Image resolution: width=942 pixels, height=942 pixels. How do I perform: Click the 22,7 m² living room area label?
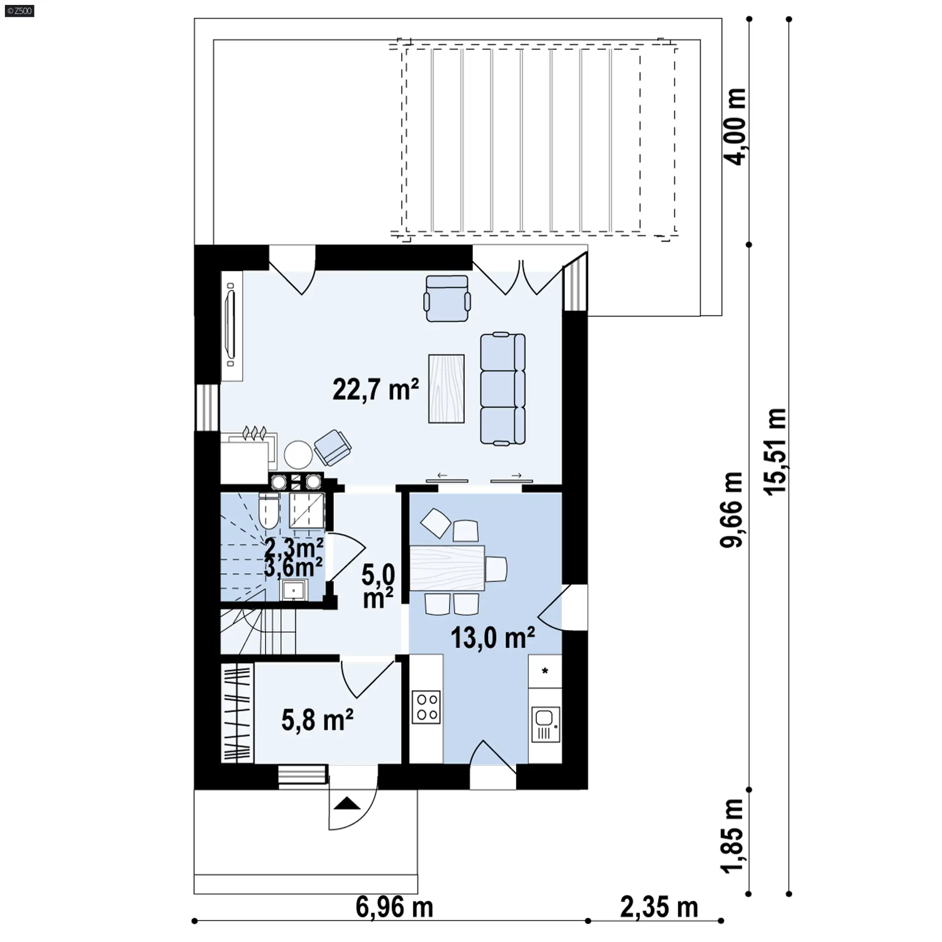tap(376, 390)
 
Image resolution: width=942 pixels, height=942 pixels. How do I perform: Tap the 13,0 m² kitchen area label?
tap(493, 638)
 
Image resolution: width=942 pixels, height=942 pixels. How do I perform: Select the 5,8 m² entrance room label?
tap(317, 720)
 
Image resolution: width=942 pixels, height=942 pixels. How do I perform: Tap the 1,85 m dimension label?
tap(732, 836)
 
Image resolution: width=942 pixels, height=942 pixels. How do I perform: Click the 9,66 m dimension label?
tap(732, 509)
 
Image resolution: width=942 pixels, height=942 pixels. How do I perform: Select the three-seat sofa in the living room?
tap(502, 390)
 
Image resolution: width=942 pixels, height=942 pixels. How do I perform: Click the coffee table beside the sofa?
tap(446, 388)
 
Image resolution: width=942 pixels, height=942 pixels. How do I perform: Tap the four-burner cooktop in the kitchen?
tap(426, 707)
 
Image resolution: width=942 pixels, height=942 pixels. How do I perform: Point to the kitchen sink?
tap(546, 724)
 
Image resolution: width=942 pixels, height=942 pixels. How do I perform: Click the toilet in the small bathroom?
tap(268, 511)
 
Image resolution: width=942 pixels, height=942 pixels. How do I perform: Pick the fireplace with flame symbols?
tap(249, 451)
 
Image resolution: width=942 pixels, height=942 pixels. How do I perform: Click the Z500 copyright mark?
tap(20, 11)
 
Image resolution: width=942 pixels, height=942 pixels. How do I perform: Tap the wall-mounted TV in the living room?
tap(231, 325)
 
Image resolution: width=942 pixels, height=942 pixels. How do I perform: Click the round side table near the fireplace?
tap(298, 454)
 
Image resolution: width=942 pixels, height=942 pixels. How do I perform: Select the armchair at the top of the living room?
tap(447, 298)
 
